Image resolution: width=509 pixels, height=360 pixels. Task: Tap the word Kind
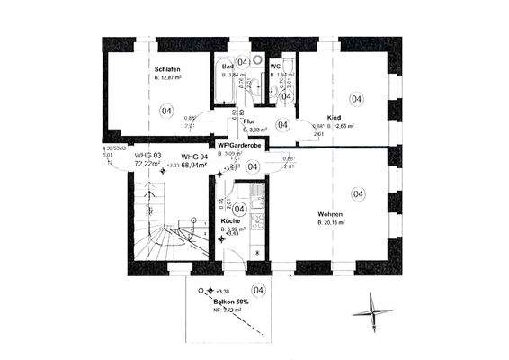[334, 118]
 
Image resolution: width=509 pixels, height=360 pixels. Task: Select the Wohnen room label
[330, 214]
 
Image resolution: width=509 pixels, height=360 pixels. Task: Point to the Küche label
[229, 220]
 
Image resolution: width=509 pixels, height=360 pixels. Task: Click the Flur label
[249, 121]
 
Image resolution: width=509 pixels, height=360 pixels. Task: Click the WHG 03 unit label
[147, 156]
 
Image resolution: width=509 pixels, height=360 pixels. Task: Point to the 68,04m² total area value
[196, 166]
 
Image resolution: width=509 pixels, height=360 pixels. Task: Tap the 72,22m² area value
[147, 166]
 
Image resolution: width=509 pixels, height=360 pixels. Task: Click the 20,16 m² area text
[335, 222]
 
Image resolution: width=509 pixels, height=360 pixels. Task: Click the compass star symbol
[375, 311]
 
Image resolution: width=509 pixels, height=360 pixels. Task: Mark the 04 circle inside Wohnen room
[358, 193]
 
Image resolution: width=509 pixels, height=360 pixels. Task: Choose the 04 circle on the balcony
[258, 290]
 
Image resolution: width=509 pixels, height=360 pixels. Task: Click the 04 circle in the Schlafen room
[165, 111]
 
